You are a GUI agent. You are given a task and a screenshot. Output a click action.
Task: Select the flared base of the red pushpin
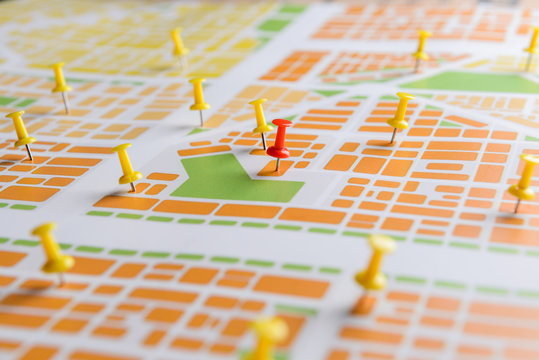[x=278, y=152]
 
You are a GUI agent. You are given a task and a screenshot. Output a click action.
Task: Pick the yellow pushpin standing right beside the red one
[x=260, y=118]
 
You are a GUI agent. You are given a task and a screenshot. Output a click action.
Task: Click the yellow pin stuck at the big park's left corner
[x=126, y=166]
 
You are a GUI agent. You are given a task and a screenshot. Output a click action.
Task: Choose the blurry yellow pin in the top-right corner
[x=532, y=42]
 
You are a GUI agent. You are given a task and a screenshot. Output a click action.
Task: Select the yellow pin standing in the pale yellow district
[x=178, y=43]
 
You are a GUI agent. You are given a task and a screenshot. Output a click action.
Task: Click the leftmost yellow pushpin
[x=20, y=131]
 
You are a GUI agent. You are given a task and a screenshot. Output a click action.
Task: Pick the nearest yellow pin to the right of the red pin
[x=400, y=112]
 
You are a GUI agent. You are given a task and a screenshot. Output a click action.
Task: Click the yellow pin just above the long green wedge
[x=422, y=45]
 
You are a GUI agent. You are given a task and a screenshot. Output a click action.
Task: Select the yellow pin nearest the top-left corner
[x=61, y=79]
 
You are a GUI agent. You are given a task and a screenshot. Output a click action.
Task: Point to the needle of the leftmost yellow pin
[x=28, y=152]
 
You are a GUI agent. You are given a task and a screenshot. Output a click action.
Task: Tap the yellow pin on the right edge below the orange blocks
[x=523, y=177]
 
